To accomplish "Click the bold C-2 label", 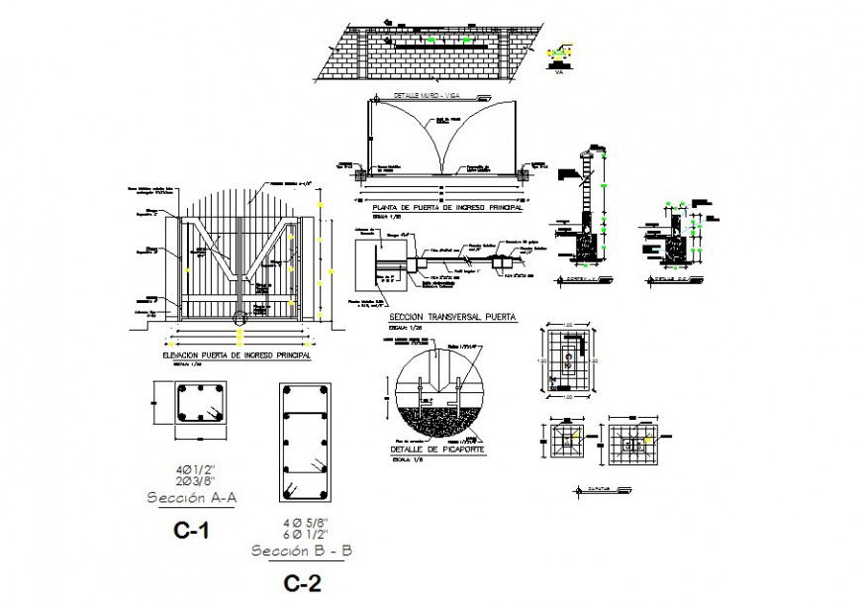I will [x=302, y=583].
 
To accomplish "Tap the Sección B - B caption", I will [x=302, y=551].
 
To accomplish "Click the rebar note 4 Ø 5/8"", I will [x=301, y=520].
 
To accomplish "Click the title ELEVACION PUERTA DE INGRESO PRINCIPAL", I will [x=237, y=353].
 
